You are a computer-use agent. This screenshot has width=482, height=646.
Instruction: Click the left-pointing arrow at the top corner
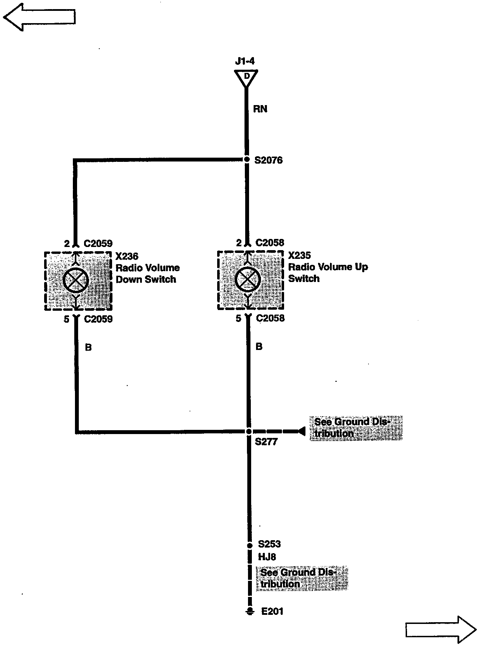(x=39, y=17)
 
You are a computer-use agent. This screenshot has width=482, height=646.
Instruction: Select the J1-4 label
(x=245, y=61)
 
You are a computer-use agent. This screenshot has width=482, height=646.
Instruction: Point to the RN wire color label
(x=260, y=109)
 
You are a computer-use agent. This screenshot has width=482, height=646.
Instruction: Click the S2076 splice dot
(x=247, y=160)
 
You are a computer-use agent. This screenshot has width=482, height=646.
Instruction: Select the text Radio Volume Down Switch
(x=147, y=274)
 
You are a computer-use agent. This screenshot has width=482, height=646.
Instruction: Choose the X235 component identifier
(x=299, y=255)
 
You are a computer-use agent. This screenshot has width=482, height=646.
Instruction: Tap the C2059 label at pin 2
(x=98, y=243)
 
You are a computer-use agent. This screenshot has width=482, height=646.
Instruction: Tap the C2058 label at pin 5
(x=270, y=318)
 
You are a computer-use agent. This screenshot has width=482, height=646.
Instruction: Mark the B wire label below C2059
(x=88, y=347)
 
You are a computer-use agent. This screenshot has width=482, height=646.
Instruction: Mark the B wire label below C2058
(x=259, y=346)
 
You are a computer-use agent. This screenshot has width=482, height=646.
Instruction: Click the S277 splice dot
(x=248, y=431)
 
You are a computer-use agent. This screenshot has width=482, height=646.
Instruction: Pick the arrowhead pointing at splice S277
(x=301, y=431)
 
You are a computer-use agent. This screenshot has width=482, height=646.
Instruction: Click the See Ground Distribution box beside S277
(x=356, y=428)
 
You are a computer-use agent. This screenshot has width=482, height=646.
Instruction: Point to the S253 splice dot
(x=249, y=545)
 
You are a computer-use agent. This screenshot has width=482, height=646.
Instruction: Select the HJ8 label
(x=267, y=557)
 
